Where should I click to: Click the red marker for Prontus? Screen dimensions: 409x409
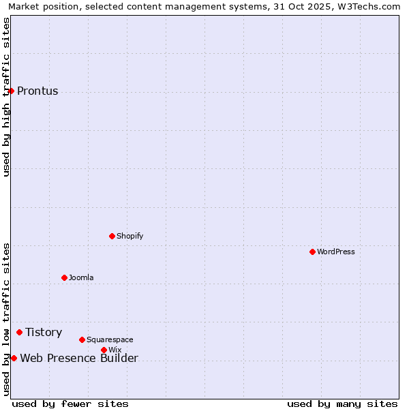pos(11,91)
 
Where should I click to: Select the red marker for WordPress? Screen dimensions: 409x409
pos(312,252)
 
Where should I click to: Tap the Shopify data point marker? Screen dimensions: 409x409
pos(112,236)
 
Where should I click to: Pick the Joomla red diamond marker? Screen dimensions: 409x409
pos(64,277)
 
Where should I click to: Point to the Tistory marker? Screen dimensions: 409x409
pos(19,332)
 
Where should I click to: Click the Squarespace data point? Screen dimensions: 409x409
pos(82,339)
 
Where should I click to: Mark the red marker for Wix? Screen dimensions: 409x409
pos(104,350)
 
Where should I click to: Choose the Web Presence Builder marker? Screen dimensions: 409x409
pos(14,358)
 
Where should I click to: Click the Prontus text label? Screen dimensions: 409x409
pos(37,91)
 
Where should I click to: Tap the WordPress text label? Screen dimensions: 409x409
pos(336,252)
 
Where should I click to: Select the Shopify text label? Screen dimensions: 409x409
pos(130,236)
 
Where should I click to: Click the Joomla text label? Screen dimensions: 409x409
pos(81,277)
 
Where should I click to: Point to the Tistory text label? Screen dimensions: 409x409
pos(44,332)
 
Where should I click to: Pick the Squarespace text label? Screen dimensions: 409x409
pos(110,339)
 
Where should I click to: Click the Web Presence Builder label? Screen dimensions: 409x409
pos(79,359)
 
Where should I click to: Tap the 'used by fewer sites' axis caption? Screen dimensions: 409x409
pos(70,404)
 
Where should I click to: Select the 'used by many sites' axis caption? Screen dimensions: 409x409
pos(342,404)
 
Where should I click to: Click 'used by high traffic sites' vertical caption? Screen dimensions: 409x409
pos(6,97)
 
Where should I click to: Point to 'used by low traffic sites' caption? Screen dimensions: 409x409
pos(6,319)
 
